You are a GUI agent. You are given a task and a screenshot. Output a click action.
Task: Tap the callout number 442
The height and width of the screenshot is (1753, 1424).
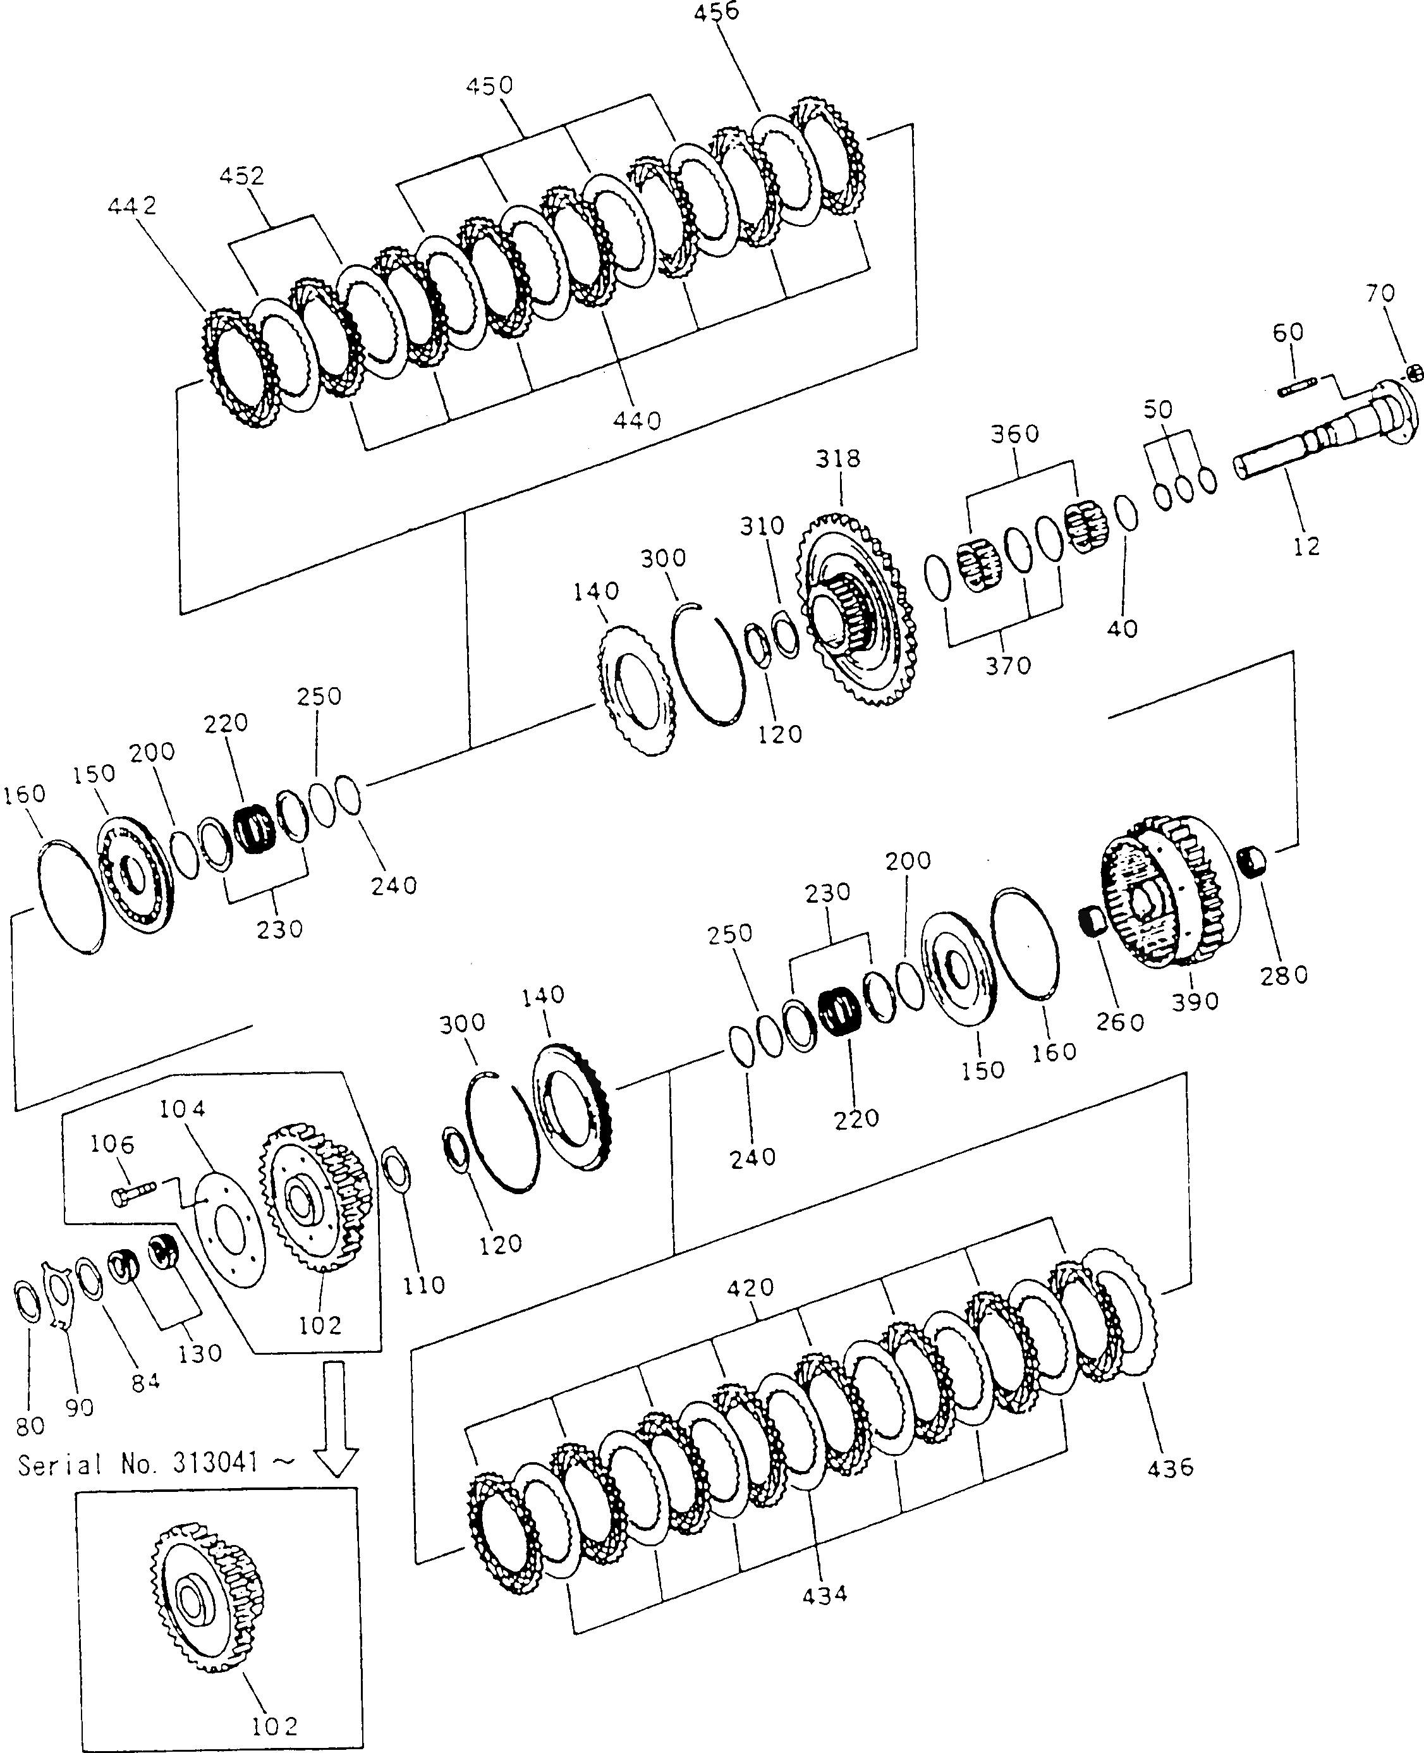point(132,206)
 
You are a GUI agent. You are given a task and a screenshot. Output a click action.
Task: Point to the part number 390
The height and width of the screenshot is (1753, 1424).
point(1195,1001)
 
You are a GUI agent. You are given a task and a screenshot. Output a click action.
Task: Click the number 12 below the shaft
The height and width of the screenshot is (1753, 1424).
point(1306,546)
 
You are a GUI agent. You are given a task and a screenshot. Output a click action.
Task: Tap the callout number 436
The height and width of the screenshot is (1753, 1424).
point(1171,1467)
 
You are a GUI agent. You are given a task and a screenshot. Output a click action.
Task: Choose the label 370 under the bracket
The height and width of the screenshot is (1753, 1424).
point(1008,666)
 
